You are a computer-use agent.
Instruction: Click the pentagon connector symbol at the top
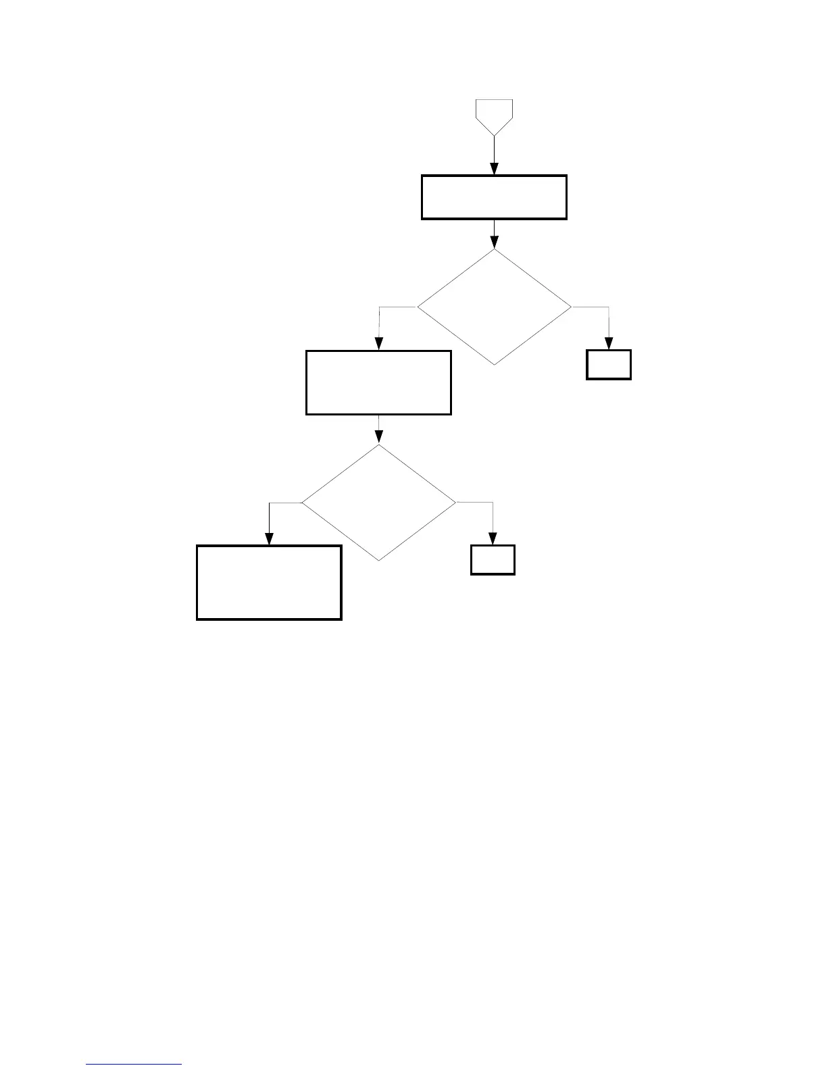(x=494, y=116)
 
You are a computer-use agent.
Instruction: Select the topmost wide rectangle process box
(x=494, y=197)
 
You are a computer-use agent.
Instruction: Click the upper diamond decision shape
(x=494, y=307)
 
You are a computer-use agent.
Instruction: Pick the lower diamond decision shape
(x=378, y=503)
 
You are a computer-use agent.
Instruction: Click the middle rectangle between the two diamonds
(x=378, y=382)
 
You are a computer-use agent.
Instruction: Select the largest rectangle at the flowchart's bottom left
(x=269, y=582)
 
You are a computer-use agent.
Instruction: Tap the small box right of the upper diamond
(x=609, y=365)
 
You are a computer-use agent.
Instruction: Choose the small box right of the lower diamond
(x=493, y=560)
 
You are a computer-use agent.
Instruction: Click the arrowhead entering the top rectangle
(x=494, y=170)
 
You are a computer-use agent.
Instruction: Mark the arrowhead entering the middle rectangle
(x=378, y=345)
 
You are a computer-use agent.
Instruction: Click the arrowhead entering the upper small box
(x=609, y=344)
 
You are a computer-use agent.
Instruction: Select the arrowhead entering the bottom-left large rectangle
(x=269, y=539)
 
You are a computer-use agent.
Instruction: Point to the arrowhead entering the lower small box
(x=493, y=539)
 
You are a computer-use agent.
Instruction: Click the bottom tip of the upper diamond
(x=494, y=365)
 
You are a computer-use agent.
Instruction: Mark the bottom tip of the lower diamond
(x=378, y=561)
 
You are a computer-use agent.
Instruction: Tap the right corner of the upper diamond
(x=571, y=307)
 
